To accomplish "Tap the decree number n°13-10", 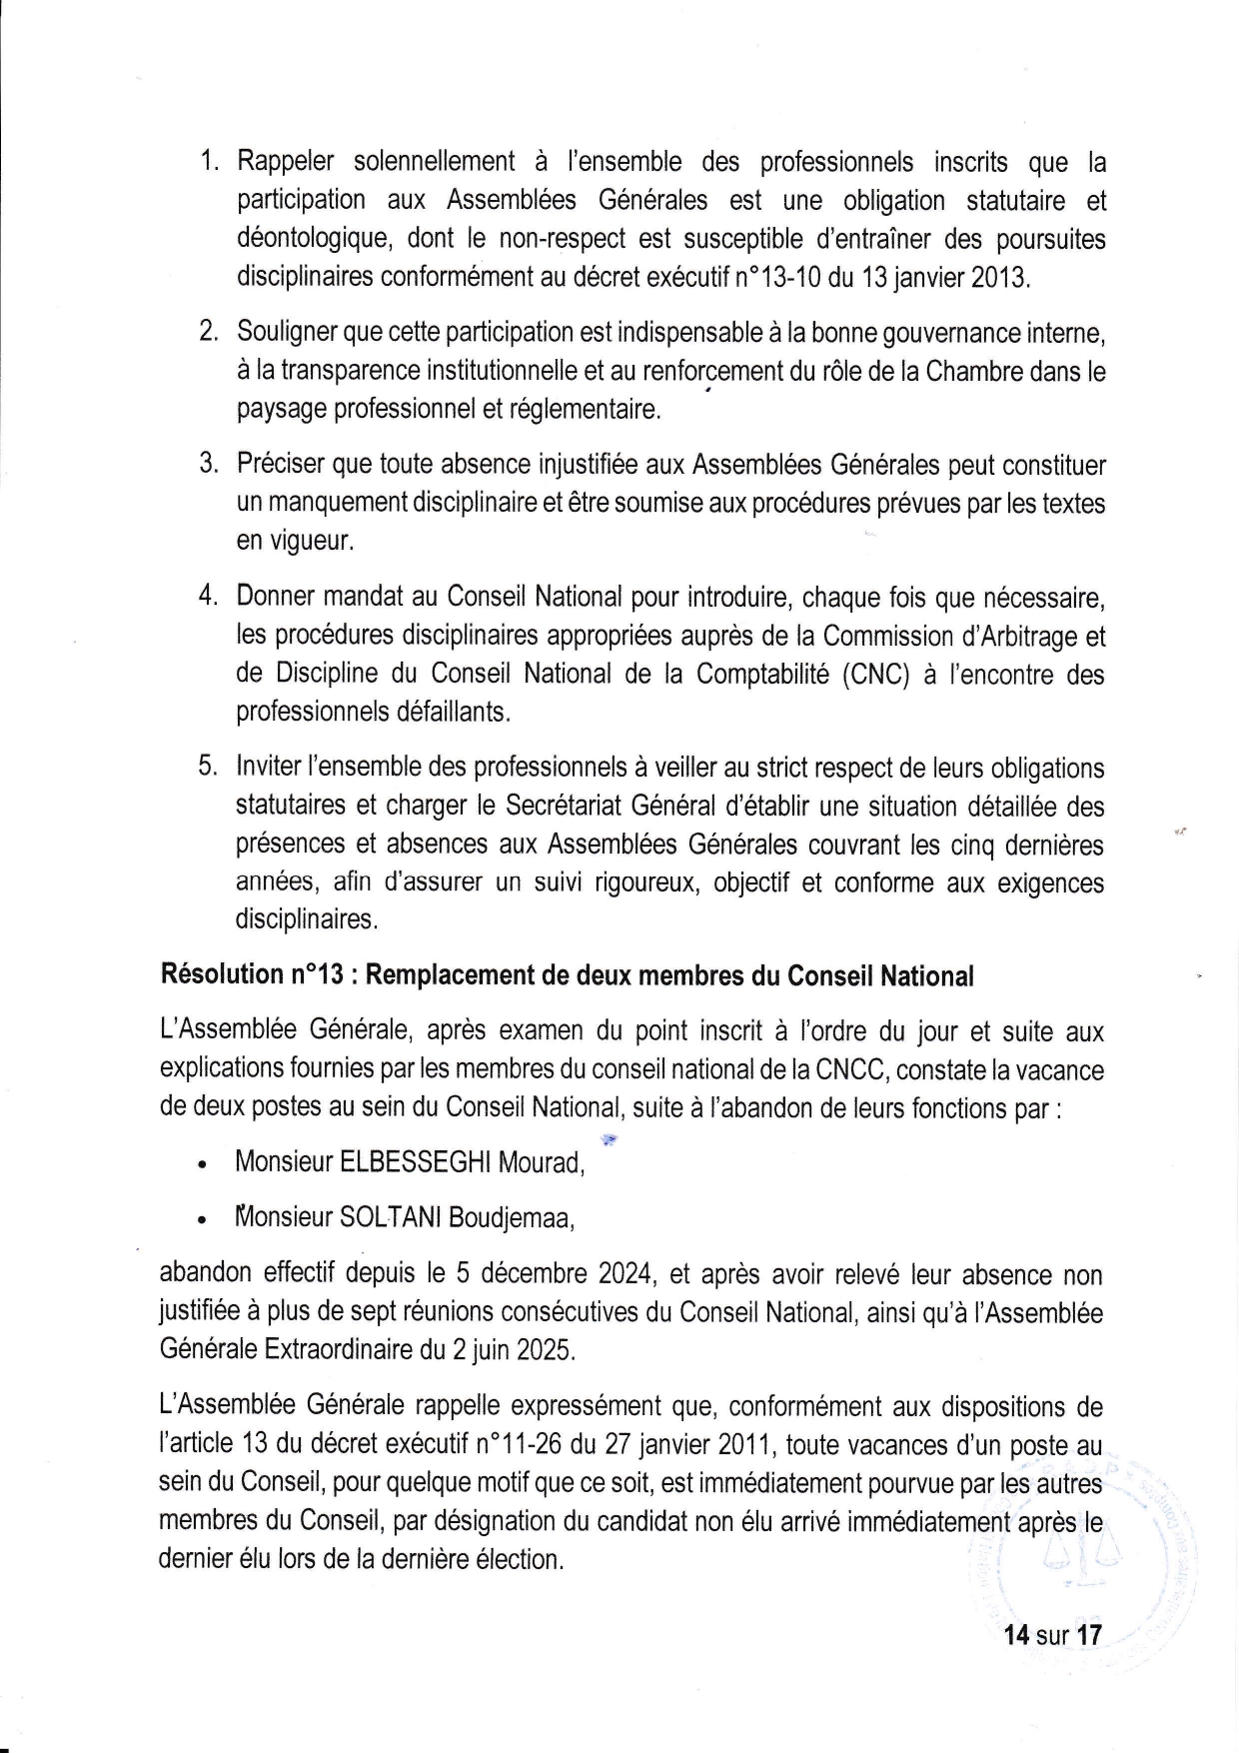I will click(x=777, y=277).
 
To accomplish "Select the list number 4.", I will click(x=207, y=597).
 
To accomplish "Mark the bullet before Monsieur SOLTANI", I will click(x=203, y=1220).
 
